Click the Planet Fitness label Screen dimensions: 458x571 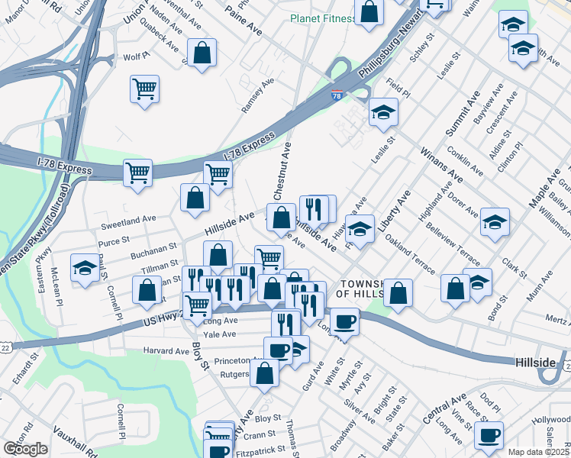(323, 19)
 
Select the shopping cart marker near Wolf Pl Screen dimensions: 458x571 (144, 90)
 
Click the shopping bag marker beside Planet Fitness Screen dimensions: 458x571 (369, 13)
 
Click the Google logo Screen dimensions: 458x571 (25, 449)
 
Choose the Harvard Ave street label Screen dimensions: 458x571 (166, 351)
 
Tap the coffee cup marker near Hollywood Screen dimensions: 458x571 (489, 435)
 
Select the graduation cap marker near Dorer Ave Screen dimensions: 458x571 (495, 223)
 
